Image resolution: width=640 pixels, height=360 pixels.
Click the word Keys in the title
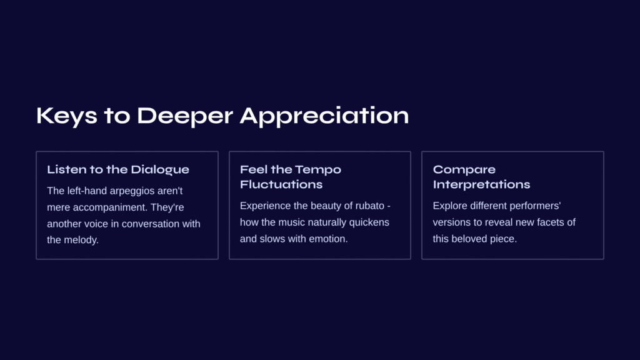click(x=67, y=116)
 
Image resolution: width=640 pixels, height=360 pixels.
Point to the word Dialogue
click(x=160, y=170)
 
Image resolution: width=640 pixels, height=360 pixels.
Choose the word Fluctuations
click(x=281, y=184)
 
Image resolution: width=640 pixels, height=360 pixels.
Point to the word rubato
click(x=370, y=206)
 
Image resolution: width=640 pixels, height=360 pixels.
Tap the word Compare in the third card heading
click(x=464, y=170)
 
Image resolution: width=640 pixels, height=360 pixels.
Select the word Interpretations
click(x=482, y=185)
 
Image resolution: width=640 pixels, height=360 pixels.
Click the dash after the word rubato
click(x=389, y=206)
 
